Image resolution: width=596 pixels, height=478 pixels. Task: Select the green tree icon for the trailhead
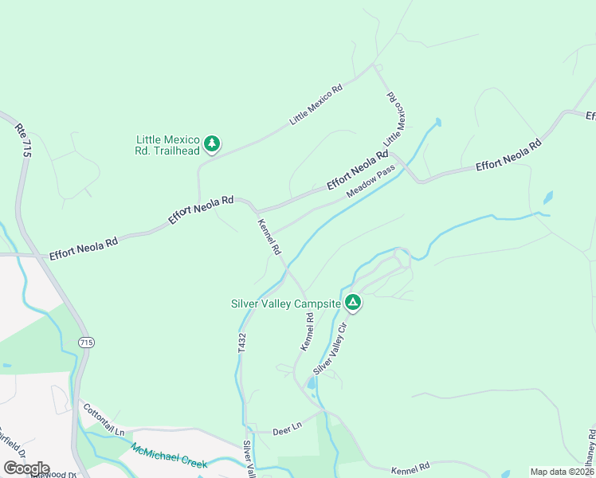click(x=211, y=143)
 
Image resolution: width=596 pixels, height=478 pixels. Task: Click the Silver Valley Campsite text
click(x=285, y=304)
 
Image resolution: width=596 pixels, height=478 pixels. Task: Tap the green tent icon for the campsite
click(x=353, y=303)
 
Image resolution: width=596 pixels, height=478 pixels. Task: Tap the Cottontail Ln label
click(x=104, y=419)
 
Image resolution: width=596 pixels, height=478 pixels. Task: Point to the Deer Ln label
click(x=286, y=427)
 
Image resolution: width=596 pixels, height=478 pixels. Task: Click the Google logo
click(x=27, y=468)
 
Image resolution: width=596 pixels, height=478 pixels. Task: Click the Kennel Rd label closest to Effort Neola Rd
click(x=269, y=237)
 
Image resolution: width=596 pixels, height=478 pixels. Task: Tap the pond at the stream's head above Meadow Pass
click(x=436, y=123)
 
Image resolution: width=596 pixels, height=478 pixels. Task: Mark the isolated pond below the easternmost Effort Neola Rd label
click(x=547, y=197)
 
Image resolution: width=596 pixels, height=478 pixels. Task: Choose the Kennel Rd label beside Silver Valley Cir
click(x=306, y=331)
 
